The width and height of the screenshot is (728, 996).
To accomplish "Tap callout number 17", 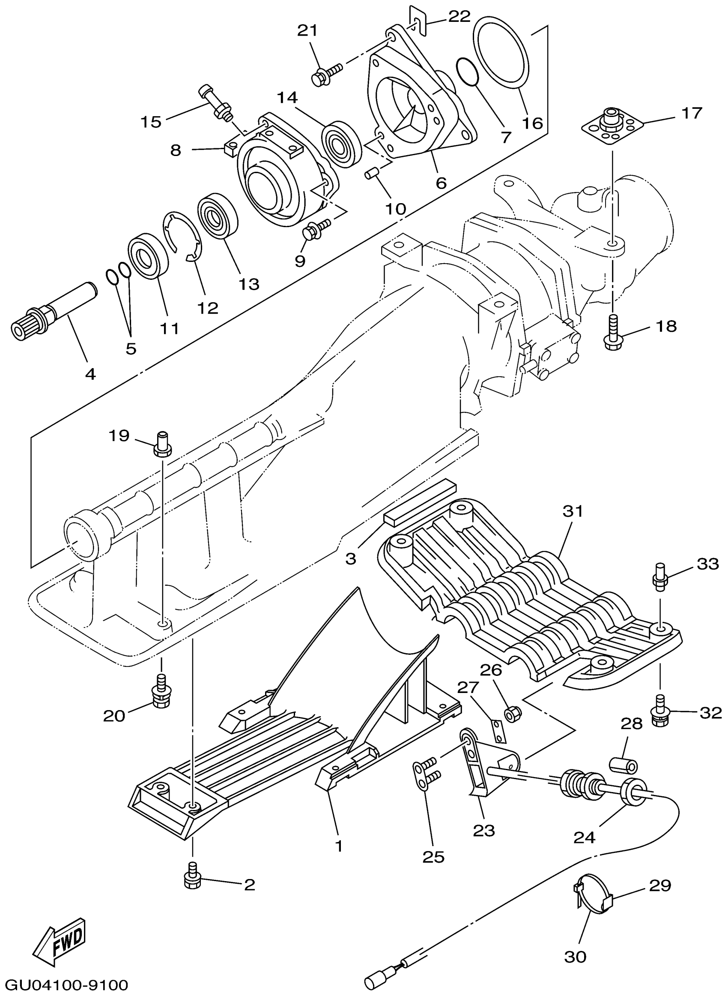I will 692,113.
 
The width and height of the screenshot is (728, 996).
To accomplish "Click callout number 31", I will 573,511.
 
